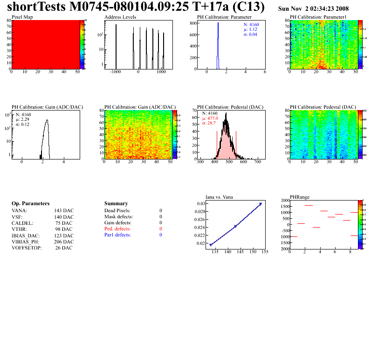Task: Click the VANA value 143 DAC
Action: (63, 211)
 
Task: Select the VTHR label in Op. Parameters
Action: (19, 229)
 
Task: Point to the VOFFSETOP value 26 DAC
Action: (63, 248)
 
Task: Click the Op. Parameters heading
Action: (30, 204)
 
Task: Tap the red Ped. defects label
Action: (117, 229)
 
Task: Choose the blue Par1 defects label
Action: (117, 235)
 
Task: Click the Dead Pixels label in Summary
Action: (117, 211)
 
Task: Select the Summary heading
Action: (117, 204)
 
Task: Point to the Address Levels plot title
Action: (120, 17)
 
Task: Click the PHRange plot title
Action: (299, 197)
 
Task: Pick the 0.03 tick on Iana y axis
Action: (200, 204)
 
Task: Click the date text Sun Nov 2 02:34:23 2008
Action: (313, 9)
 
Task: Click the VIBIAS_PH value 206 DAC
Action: (63, 242)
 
